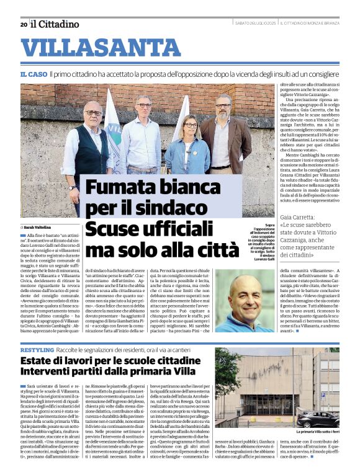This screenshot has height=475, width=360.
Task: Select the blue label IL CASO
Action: click(x=34, y=74)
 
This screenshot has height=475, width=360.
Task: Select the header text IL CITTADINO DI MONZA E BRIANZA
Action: click(x=310, y=24)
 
